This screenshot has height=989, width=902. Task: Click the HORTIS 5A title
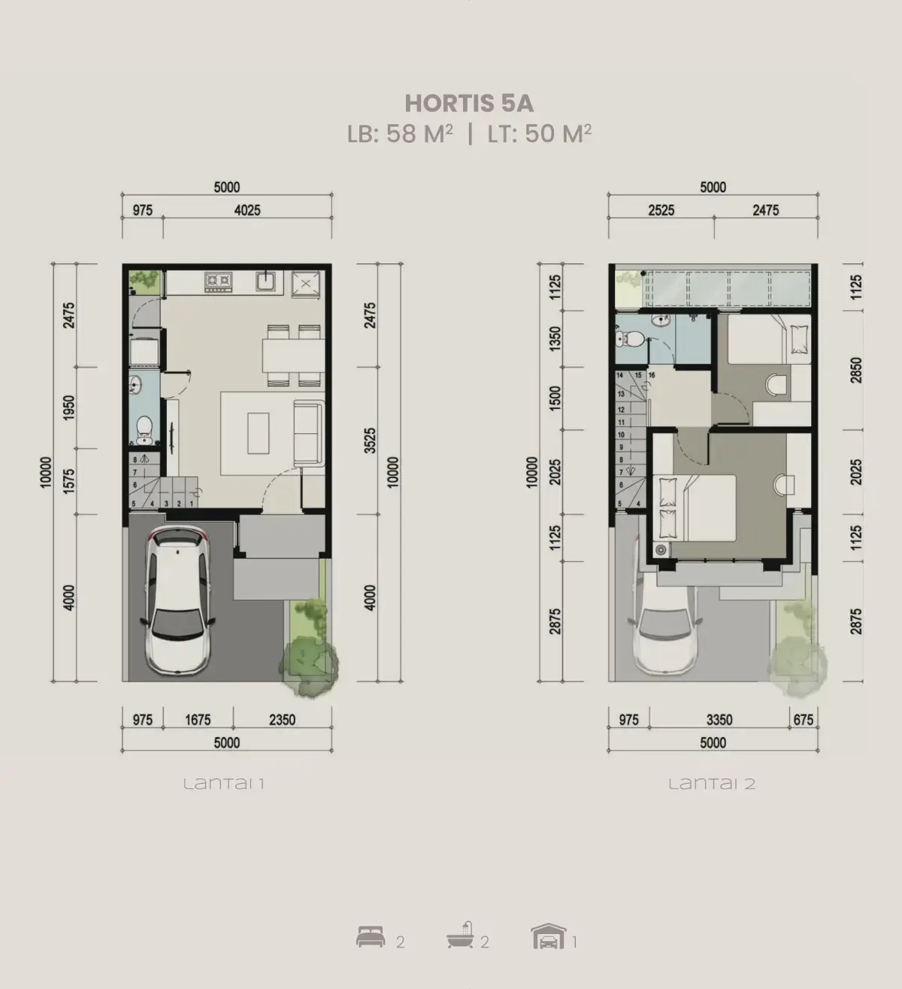coord(469,103)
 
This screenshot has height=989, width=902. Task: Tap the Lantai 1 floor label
coord(224,784)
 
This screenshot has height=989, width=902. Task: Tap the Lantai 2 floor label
coord(712,784)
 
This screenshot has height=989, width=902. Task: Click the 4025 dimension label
coord(247,211)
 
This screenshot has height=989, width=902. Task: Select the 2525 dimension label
coord(661,211)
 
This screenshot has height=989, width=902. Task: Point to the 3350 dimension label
coord(719,720)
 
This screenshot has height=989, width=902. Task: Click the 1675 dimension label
coord(198,720)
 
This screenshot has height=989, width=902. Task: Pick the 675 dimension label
coord(803,720)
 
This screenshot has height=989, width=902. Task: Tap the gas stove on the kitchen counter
coord(218,281)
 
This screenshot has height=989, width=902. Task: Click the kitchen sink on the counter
coord(266,281)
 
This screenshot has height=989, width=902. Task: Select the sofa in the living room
coord(309,433)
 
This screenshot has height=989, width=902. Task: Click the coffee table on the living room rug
coord(259,433)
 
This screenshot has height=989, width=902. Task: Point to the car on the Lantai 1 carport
coord(178,600)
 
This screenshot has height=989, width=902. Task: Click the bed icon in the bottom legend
coord(371,937)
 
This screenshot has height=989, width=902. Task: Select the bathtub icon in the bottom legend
coord(460,936)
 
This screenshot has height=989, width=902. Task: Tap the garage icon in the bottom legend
coord(549,936)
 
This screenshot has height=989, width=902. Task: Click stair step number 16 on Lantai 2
coord(652,375)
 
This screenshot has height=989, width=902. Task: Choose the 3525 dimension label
coord(370,441)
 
